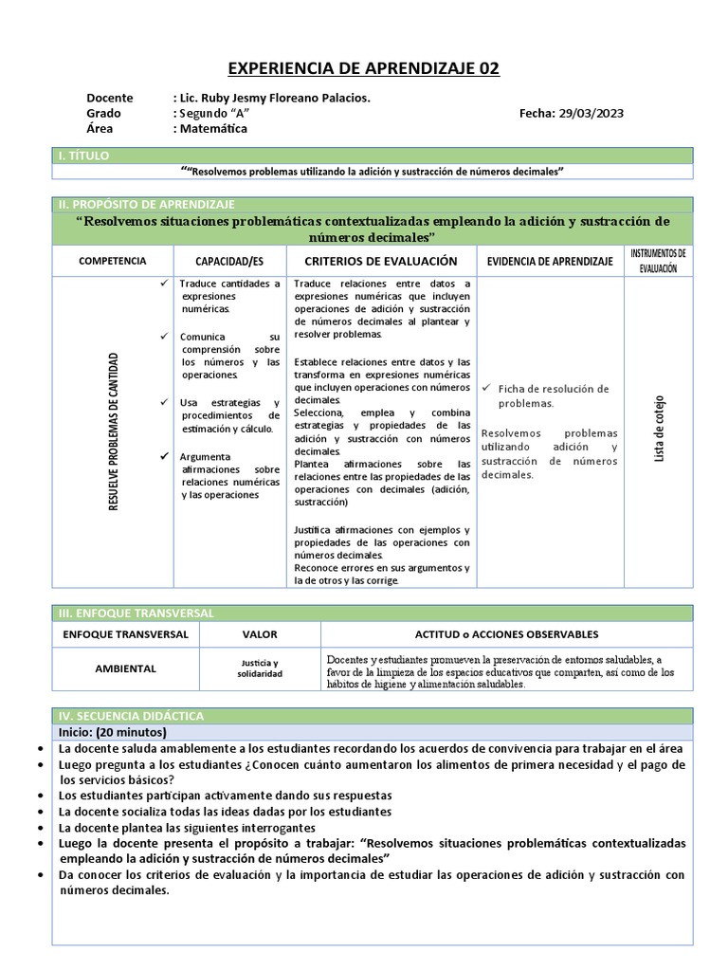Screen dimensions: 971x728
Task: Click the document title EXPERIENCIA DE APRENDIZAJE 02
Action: click(364, 69)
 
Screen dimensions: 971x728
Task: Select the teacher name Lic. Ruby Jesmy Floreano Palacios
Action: click(272, 98)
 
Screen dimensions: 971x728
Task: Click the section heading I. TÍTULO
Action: click(84, 155)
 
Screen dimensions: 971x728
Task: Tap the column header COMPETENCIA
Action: click(112, 261)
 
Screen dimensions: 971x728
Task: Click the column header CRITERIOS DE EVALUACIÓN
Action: click(380, 261)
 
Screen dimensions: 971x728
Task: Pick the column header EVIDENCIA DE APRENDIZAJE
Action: click(550, 261)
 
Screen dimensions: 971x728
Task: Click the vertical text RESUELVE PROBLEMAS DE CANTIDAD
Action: click(114, 431)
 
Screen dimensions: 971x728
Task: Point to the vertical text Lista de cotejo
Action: click(659, 430)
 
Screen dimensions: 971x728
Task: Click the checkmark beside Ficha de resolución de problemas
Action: click(486, 389)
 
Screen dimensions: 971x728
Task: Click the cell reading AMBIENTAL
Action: click(125, 669)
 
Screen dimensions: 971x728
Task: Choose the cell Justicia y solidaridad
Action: click(258, 669)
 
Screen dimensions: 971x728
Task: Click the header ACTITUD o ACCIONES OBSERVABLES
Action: click(506, 634)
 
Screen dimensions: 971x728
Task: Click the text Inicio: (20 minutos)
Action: click(112, 732)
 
